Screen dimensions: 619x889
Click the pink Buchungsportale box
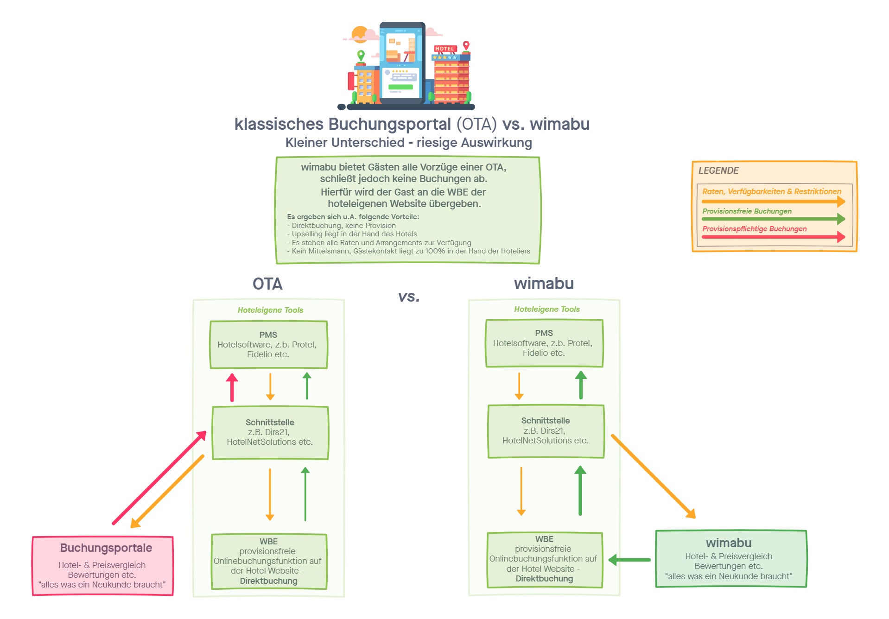click(x=102, y=566)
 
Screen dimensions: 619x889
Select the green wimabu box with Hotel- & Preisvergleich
click(x=731, y=559)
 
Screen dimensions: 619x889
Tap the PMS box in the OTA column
click(x=268, y=345)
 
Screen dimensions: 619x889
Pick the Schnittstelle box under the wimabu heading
click(x=546, y=431)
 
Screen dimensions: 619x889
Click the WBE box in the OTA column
click(x=269, y=561)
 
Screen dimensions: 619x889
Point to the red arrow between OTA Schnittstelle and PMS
click(x=232, y=387)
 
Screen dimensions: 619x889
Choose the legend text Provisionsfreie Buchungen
click(x=747, y=211)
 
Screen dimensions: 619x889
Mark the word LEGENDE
click(x=718, y=171)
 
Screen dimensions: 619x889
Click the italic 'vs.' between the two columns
click(x=409, y=297)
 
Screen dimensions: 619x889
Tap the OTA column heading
click(x=267, y=284)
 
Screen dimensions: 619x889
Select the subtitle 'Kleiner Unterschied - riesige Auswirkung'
click(x=408, y=143)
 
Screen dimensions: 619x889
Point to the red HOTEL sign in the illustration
click(x=445, y=49)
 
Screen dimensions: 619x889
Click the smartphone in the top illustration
click(x=402, y=63)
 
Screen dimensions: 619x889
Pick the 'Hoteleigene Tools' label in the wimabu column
click(x=546, y=309)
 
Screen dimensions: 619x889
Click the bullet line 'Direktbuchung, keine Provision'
click(x=343, y=226)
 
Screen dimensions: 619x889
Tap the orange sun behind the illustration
click(x=358, y=34)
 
